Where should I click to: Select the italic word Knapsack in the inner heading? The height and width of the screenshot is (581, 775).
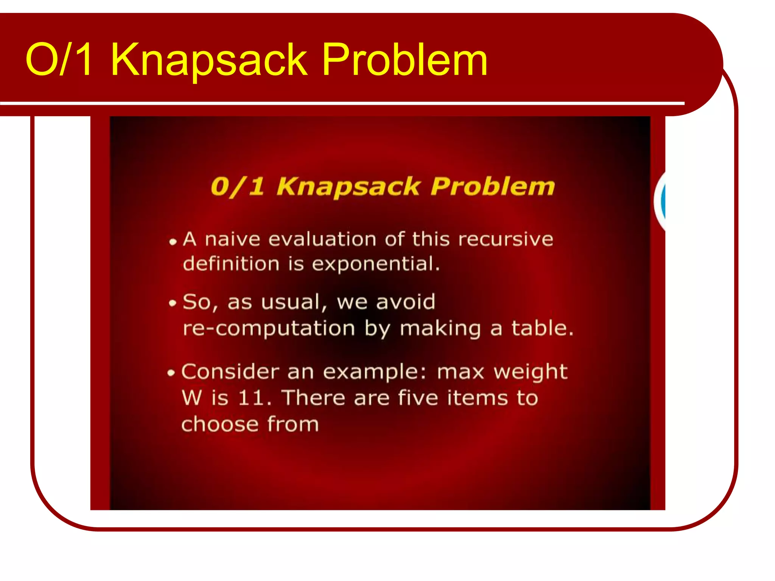tap(348, 187)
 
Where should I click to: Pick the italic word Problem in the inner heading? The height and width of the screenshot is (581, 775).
tap(493, 187)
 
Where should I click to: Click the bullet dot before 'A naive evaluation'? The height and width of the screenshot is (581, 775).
tap(173, 241)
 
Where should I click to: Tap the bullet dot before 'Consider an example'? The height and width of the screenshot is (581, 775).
tap(171, 373)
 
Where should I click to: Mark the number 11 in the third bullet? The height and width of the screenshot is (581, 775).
tap(251, 398)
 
